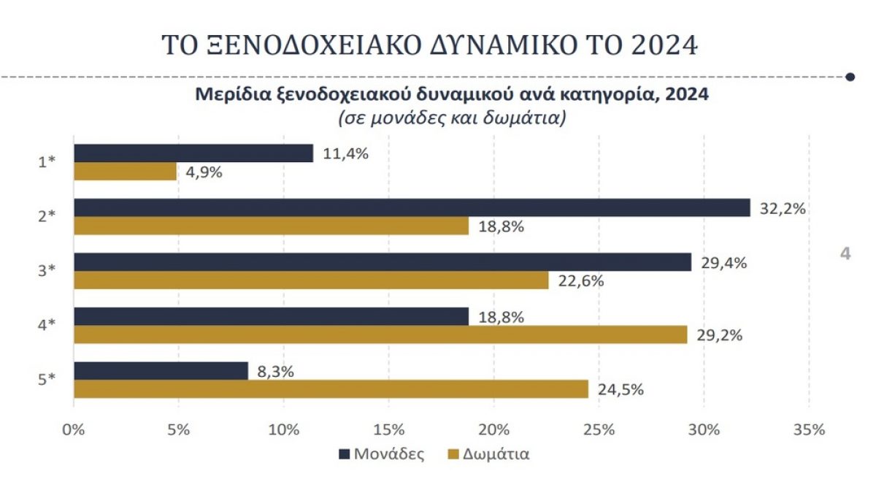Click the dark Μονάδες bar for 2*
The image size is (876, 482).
pyautogui.click(x=412, y=208)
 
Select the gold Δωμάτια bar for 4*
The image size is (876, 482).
pyautogui.click(x=380, y=334)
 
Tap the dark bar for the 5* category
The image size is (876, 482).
pyautogui.click(x=161, y=371)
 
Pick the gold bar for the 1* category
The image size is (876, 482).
pyautogui.click(x=126, y=171)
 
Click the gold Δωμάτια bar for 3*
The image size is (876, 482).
pyautogui.click(x=311, y=280)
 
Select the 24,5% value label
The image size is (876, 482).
pyautogui.click(x=619, y=389)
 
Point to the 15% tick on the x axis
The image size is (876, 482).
pyautogui.click(x=388, y=429)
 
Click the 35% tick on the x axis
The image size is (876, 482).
pyautogui.click(x=808, y=429)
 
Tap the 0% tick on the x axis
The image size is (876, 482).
pyautogui.click(x=74, y=429)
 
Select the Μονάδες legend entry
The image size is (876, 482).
pyautogui.click(x=382, y=454)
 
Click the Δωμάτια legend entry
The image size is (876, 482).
pyautogui.click(x=489, y=454)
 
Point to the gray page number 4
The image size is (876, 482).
pyautogui.click(x=845, y=254)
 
